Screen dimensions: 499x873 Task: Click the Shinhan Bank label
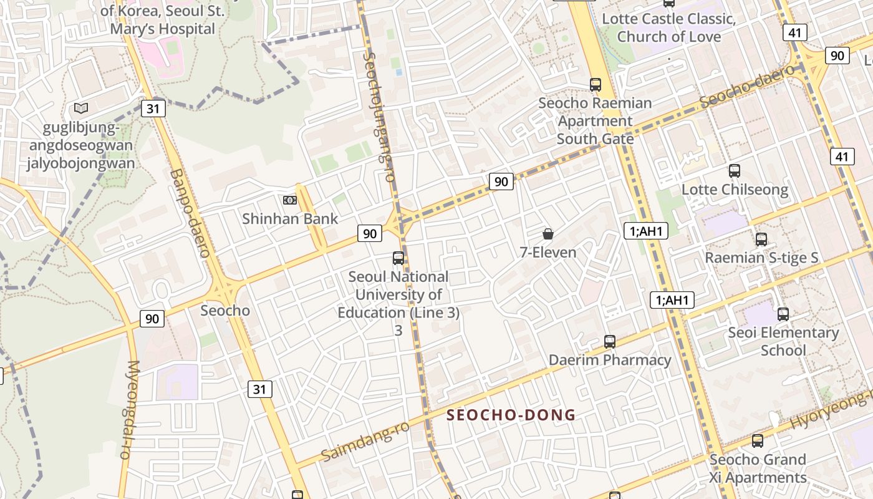tap(290, 219)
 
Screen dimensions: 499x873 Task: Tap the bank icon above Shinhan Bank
tap(289, 200)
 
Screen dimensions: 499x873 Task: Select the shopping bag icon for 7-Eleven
tap(547, 234)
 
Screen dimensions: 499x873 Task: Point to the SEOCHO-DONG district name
tap(511, 415)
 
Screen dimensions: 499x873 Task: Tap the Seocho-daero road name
tap(747, 85)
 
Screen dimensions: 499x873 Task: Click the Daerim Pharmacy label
tap(610, 360)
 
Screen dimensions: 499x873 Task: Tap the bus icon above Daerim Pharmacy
tap(610, 342)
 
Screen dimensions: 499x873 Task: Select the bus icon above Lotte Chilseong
tap(735, 171)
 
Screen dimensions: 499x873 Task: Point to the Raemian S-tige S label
tap(761, 258)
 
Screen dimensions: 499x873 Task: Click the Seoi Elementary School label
tap(783, 341)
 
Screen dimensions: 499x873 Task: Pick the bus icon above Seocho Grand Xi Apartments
tap(758, 441)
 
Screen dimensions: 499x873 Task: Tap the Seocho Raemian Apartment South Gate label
tap(595, 120)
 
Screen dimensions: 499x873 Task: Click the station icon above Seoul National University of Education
tap(398, 258)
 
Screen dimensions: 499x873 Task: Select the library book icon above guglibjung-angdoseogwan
tap(81, 109)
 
